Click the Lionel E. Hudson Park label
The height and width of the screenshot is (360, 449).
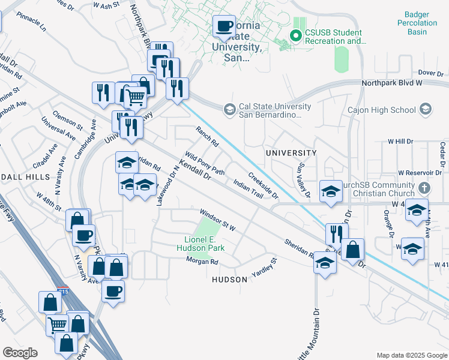pos(200,244)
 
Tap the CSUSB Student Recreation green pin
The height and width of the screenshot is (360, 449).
pos(295,37)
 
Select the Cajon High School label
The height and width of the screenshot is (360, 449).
pos(381,110)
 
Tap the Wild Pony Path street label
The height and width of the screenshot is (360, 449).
pos(205,163)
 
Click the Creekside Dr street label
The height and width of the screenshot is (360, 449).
pos(263,186)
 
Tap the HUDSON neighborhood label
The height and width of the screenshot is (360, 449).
pos(230,280)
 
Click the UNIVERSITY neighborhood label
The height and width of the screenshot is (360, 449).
pos(291,153)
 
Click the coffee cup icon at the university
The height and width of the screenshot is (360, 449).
pos(224,26)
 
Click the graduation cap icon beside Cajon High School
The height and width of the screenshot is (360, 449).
pos(426,109)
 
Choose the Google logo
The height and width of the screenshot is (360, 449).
pos(19,353)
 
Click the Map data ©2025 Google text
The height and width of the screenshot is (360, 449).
pos(411,355)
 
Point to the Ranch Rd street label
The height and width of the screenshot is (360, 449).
pos(207,136)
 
